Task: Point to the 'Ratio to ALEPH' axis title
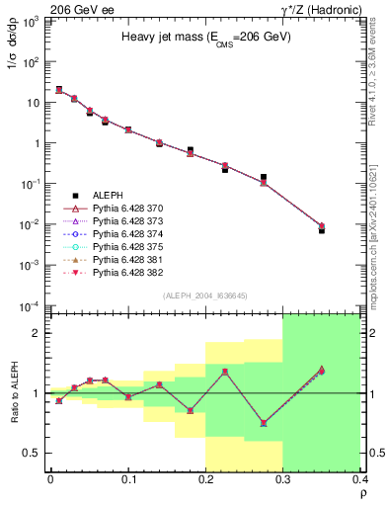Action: (14, 393)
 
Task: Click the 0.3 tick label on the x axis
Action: (282, 480)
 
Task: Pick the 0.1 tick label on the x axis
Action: (127, 480)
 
